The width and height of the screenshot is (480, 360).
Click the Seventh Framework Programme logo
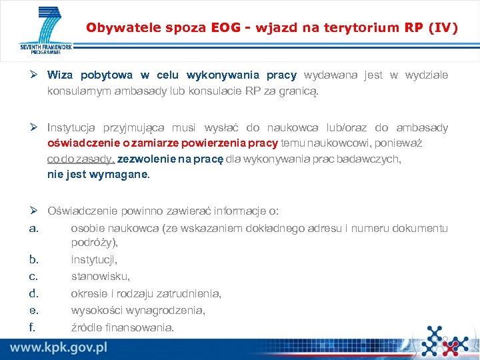pyautogui.click(x=45, y=31)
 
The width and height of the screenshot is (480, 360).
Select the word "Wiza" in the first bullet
pyautogui.click(x=60, y=75)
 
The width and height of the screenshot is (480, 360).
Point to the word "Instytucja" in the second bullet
pyautogui.click(x=71, y=127)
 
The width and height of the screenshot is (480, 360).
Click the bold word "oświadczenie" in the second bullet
pyautogui.click(x=79, y=143)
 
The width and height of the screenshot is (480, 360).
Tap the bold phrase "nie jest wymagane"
pyautogui.click(x=98, y=175)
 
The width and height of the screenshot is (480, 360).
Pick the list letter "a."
pyautogui.click(x=35, y=229)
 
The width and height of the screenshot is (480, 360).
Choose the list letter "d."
pyautogui.click(x=35, y=293)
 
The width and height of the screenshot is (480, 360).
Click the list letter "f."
pyautogui.click(x=33, y=327)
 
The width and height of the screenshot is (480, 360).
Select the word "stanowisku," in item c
pyautogui.click(x=100, y=276)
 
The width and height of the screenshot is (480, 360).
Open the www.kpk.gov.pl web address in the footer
pyautogui.click(x=59, y=347)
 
